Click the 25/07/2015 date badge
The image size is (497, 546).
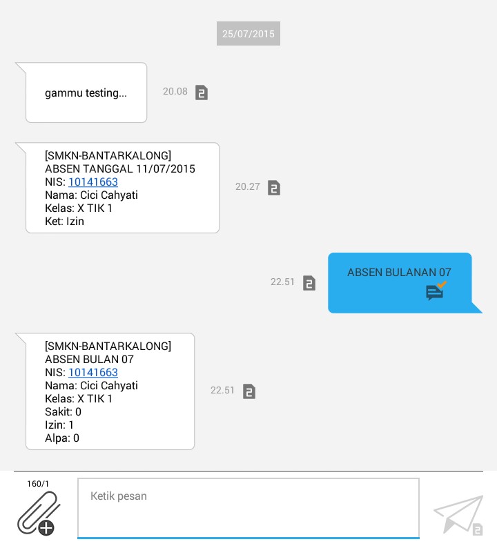(248, 34)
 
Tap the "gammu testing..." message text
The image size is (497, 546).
(86, 93)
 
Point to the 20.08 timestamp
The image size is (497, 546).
(175, 91)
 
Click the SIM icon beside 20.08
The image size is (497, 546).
(202, 92)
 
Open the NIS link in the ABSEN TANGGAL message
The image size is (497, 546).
(93, 182)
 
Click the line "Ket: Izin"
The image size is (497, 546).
(64, 222)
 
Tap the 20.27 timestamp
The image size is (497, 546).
(248, 186)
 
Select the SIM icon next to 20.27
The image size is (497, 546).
(274, 188)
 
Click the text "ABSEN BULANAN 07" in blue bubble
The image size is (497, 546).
(399, 273)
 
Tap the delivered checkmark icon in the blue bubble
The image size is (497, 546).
(436, 291)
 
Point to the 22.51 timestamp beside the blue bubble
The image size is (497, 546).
(283, 282)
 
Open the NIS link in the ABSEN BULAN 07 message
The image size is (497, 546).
(93, 373)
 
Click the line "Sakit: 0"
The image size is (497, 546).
(63, 412)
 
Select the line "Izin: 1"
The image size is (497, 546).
(59, 425)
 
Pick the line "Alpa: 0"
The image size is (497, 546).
(62, 438)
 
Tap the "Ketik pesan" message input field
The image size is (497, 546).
(248, 507)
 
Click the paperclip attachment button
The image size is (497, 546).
(38, 514)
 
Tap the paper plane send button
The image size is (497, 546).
(458, 514)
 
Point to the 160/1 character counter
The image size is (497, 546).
(38, 484)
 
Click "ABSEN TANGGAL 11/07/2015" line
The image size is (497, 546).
(120, 169)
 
